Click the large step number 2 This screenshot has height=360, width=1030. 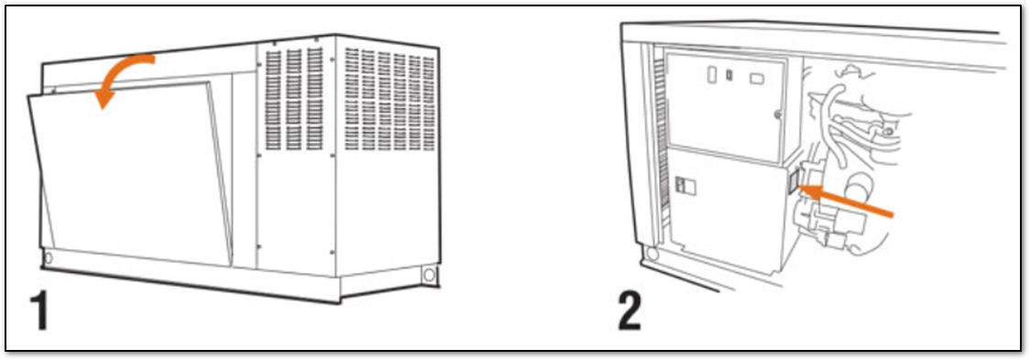[630, 312]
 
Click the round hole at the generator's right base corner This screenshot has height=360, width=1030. [429, 275]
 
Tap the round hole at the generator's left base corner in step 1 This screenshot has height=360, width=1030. [47, 256]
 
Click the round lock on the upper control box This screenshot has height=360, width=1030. [779, 115]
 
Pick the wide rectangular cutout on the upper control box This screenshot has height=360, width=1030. [757, 78]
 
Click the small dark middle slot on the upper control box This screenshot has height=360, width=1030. [729, 75]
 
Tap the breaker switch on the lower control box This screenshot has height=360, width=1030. [685, 187]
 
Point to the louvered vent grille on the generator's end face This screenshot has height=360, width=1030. [389, 99]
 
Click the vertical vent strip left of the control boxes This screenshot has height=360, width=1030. [660, 138]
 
